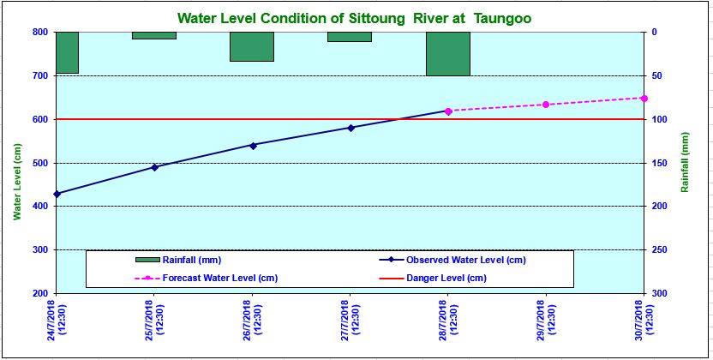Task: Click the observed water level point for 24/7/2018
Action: coord(57,194)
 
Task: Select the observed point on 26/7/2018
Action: coord(253,145)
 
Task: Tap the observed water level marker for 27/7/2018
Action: coord(351,128)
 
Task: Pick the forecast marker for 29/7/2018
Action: coord(546,105)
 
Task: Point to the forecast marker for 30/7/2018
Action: coord(644,98)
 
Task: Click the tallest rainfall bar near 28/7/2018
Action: coord(447,53)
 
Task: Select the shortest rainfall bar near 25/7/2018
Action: coord(154,35)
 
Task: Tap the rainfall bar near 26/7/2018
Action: coord(252,46)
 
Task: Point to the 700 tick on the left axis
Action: coord(39,75)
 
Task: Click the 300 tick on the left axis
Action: coord(39,250)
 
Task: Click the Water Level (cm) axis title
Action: coord(17,182)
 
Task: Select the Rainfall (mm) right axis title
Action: coord(685,163)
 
